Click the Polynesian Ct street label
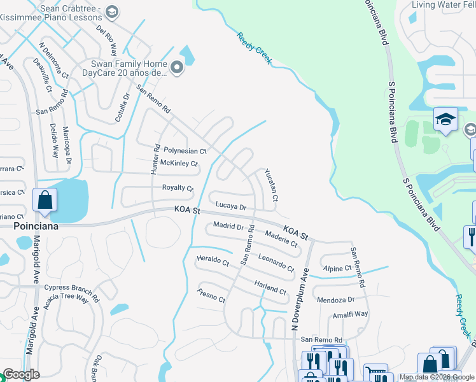(185, 152)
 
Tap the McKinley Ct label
(179, 164)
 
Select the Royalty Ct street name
(178, 188)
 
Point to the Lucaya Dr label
(230, 206)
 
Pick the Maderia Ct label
(281, 238)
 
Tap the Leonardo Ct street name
(276, 262)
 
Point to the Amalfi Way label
(350, 315)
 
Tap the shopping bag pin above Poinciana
(45, 201)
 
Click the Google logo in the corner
(22, 374)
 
